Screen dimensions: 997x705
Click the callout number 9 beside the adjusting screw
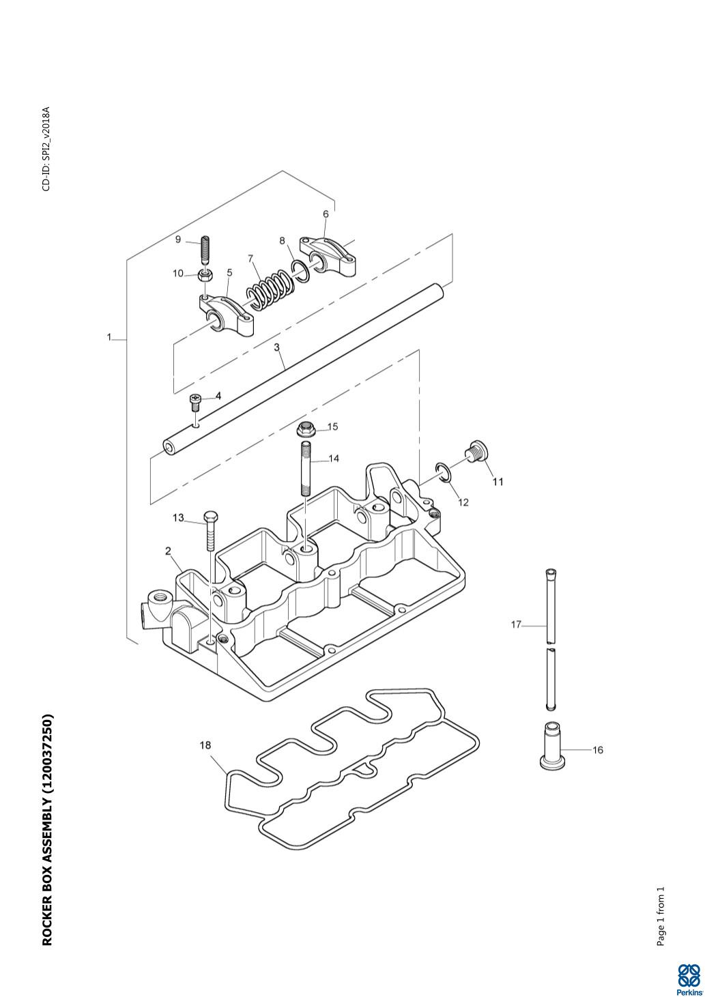pyautogui.click(x=178, y=239)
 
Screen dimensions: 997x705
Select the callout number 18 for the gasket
pyautogui.click(x=205, y=745)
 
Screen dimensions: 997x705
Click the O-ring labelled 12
pyautogui.click(x=445, y=472)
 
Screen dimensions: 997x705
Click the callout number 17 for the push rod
pyautogui.click(x=517, y=624)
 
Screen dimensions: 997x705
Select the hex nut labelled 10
pyautogui.click(x=203, y=275)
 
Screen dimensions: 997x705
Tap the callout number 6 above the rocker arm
pyautogui.click(x=326, y=214)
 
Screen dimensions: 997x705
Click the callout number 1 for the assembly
pyautogui.click(x=109, y=338)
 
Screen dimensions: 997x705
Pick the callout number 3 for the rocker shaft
pyautogui.click(x=277, y=347)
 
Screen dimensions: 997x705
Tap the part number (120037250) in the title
pyautogui.click(x=47, y=757)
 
